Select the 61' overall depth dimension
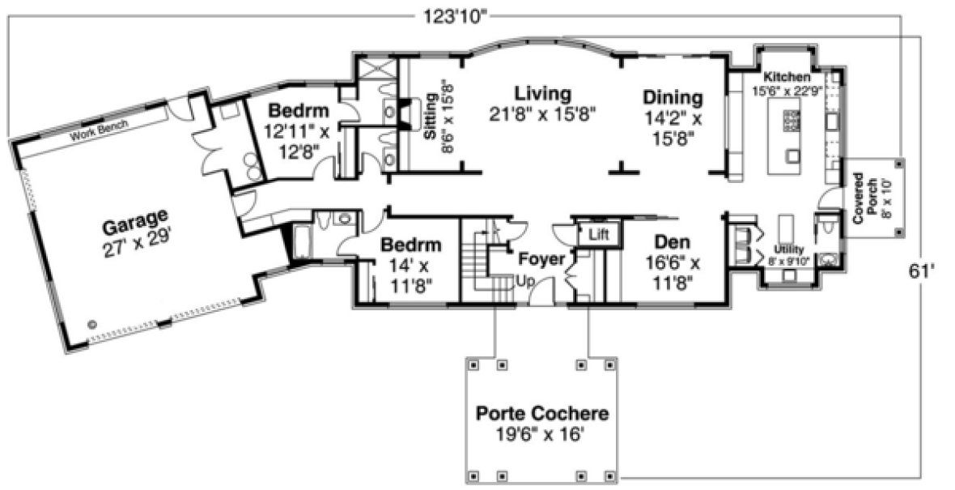click(x=921, y=272)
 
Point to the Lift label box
click(x=598, y=235)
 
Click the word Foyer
click(x=541, y=260)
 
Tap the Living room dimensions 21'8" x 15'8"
click(x=542, y=114)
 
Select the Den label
click(x=672, y=241)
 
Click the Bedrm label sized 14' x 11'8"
click(x=411, y=245)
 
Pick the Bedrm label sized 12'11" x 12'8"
click(x=299, y=111)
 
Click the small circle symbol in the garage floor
click(x=91, y=323)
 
